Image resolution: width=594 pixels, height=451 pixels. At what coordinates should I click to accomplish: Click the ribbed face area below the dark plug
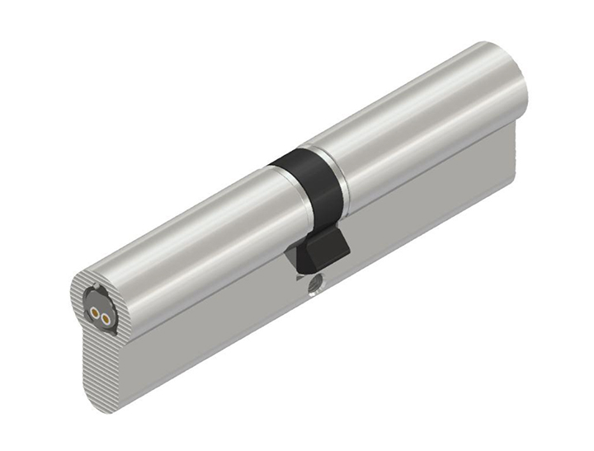tap(102, 371)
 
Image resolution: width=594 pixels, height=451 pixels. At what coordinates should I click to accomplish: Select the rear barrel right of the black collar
tap(421, 115)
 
